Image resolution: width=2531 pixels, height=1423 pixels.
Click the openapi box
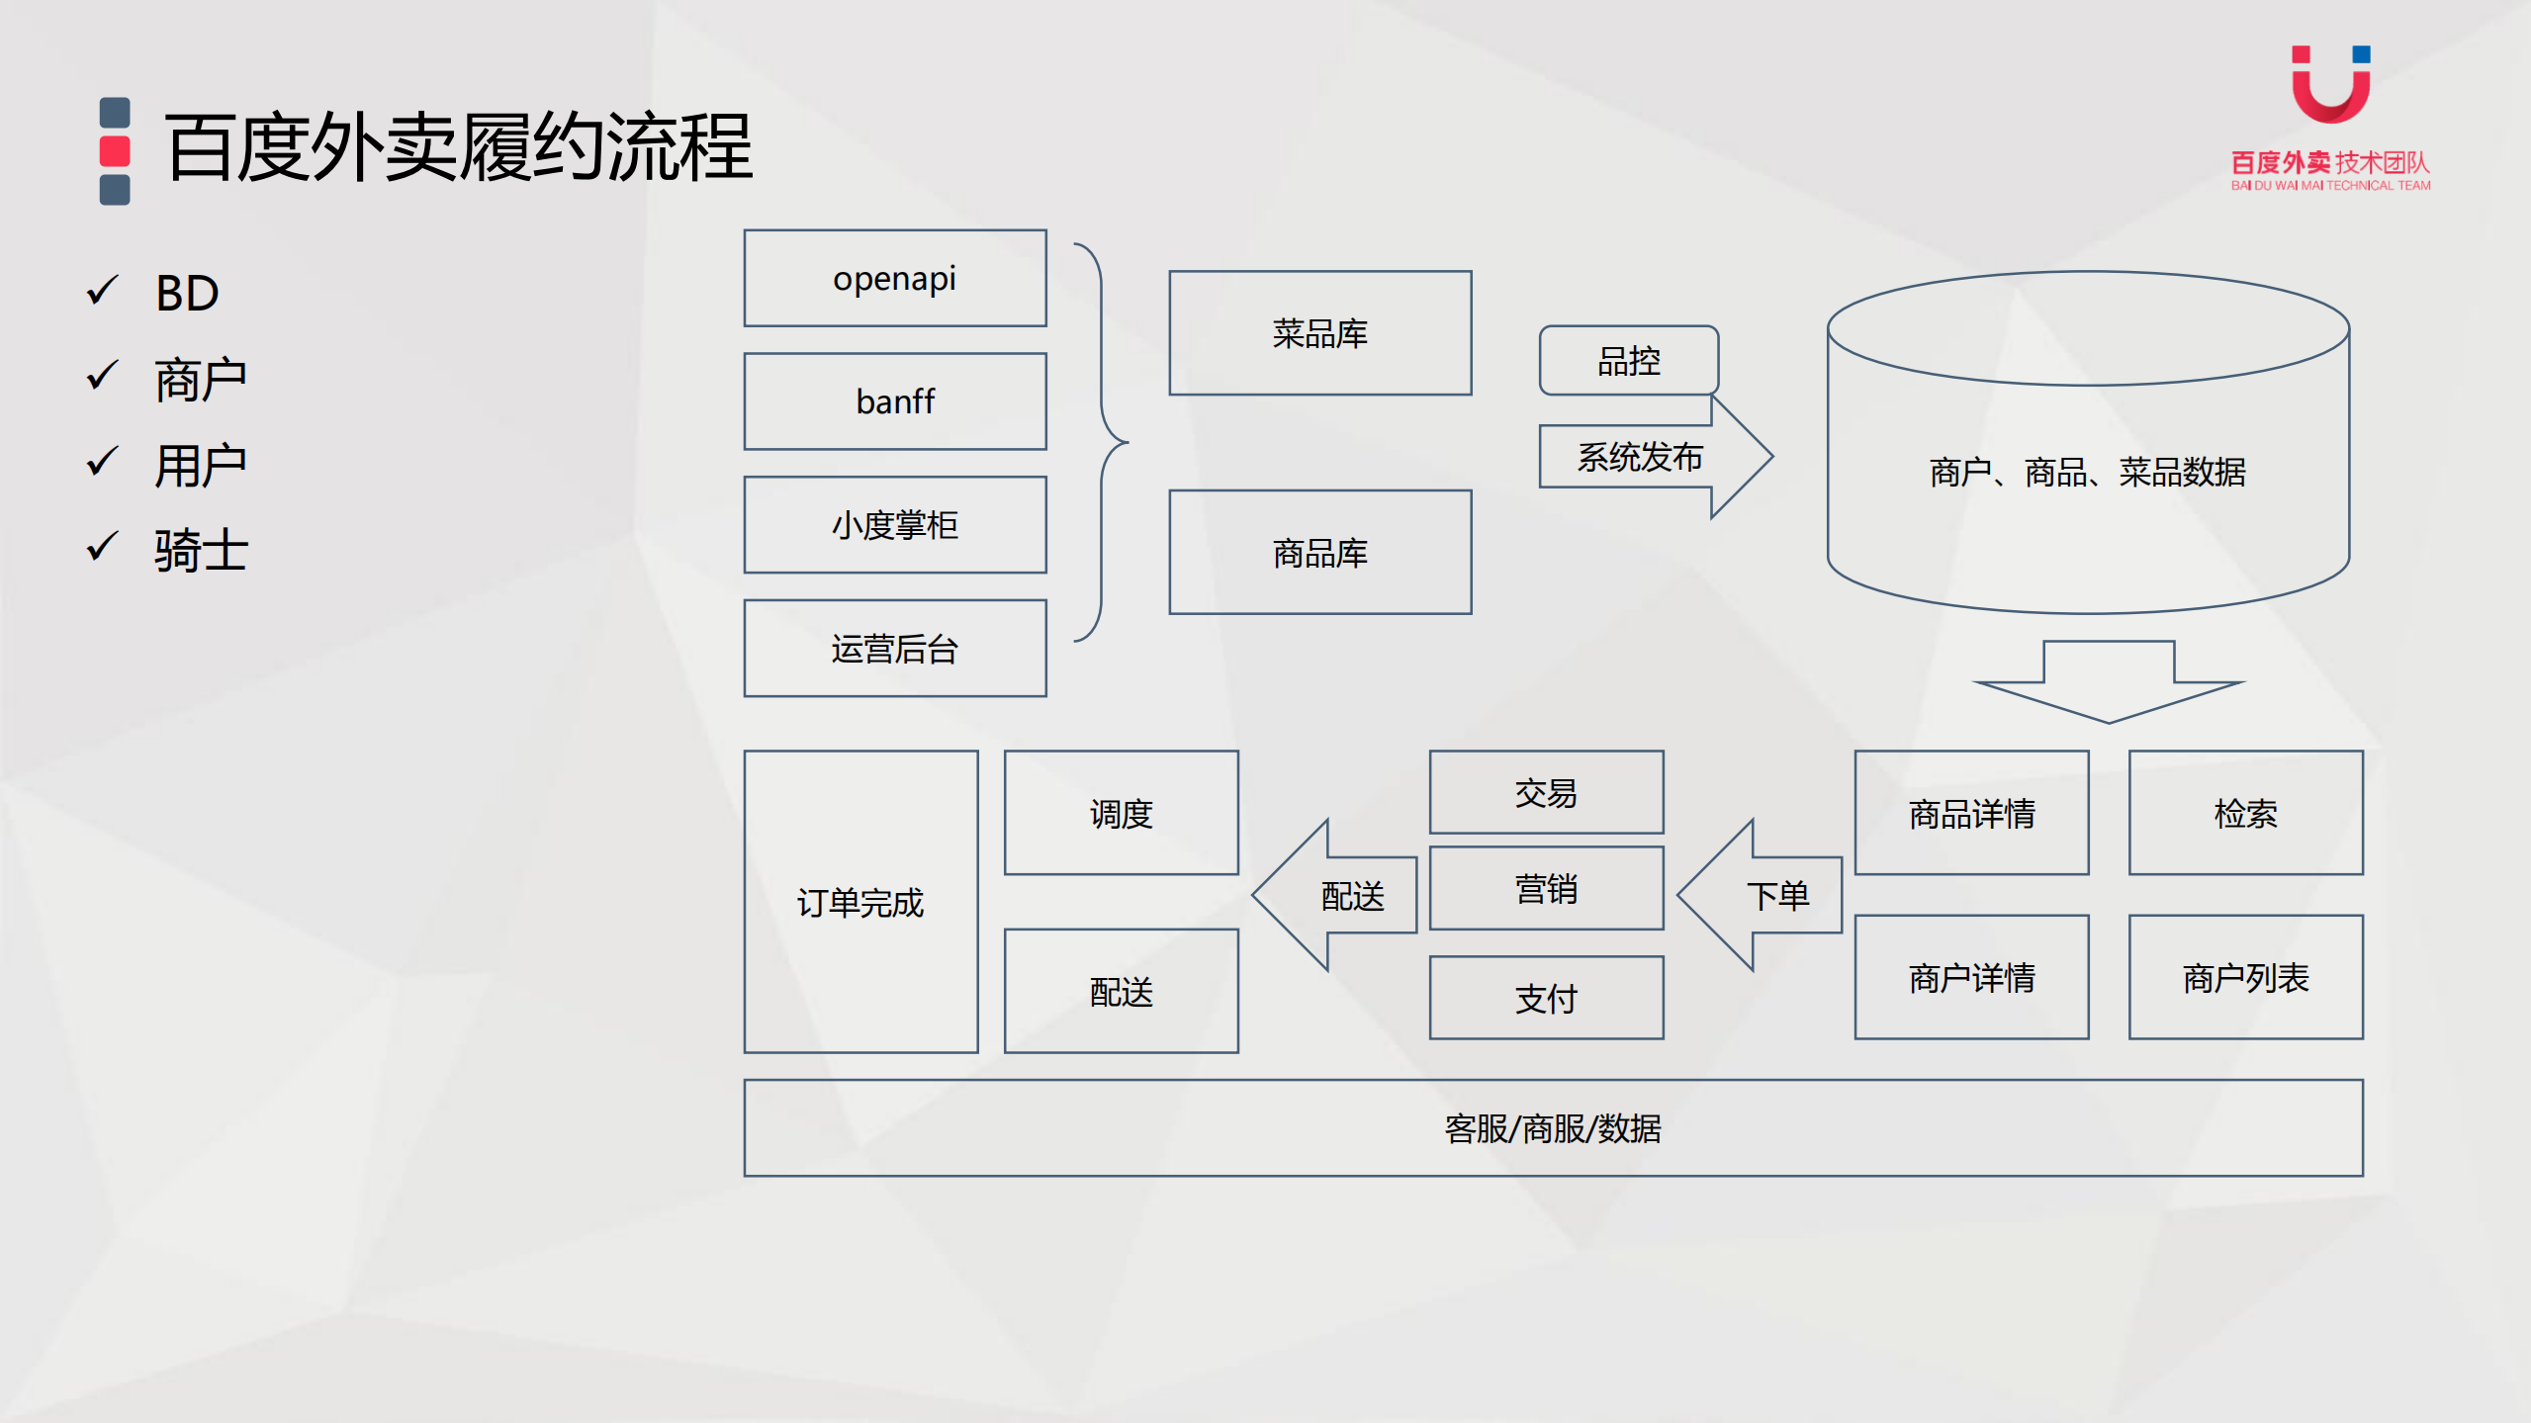[894, 278]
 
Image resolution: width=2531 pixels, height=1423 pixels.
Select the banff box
[894, 401]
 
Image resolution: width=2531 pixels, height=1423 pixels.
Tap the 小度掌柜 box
[894, 525]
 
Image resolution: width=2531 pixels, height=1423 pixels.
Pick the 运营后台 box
[894, 649]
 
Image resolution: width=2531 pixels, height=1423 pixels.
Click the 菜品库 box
[1319, 333]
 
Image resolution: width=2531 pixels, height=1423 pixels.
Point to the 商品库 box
[1319, 553]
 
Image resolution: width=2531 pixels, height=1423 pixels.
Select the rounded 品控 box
[1628, 361]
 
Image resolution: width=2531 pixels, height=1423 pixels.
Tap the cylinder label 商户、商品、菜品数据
[2087, 473]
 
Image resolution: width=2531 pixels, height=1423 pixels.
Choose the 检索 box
[2245, 813]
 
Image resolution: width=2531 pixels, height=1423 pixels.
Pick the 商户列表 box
[2245, 977]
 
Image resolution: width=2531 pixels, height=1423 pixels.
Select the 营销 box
[1546, 889]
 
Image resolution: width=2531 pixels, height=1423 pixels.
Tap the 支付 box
[1546, 998]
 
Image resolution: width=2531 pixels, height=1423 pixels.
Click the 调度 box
[1121, 813]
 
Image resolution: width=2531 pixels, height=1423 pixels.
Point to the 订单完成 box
[860, 902]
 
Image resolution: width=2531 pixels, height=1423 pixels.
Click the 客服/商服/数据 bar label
[1553, 1128]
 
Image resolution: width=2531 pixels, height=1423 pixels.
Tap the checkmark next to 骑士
[102, 547]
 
